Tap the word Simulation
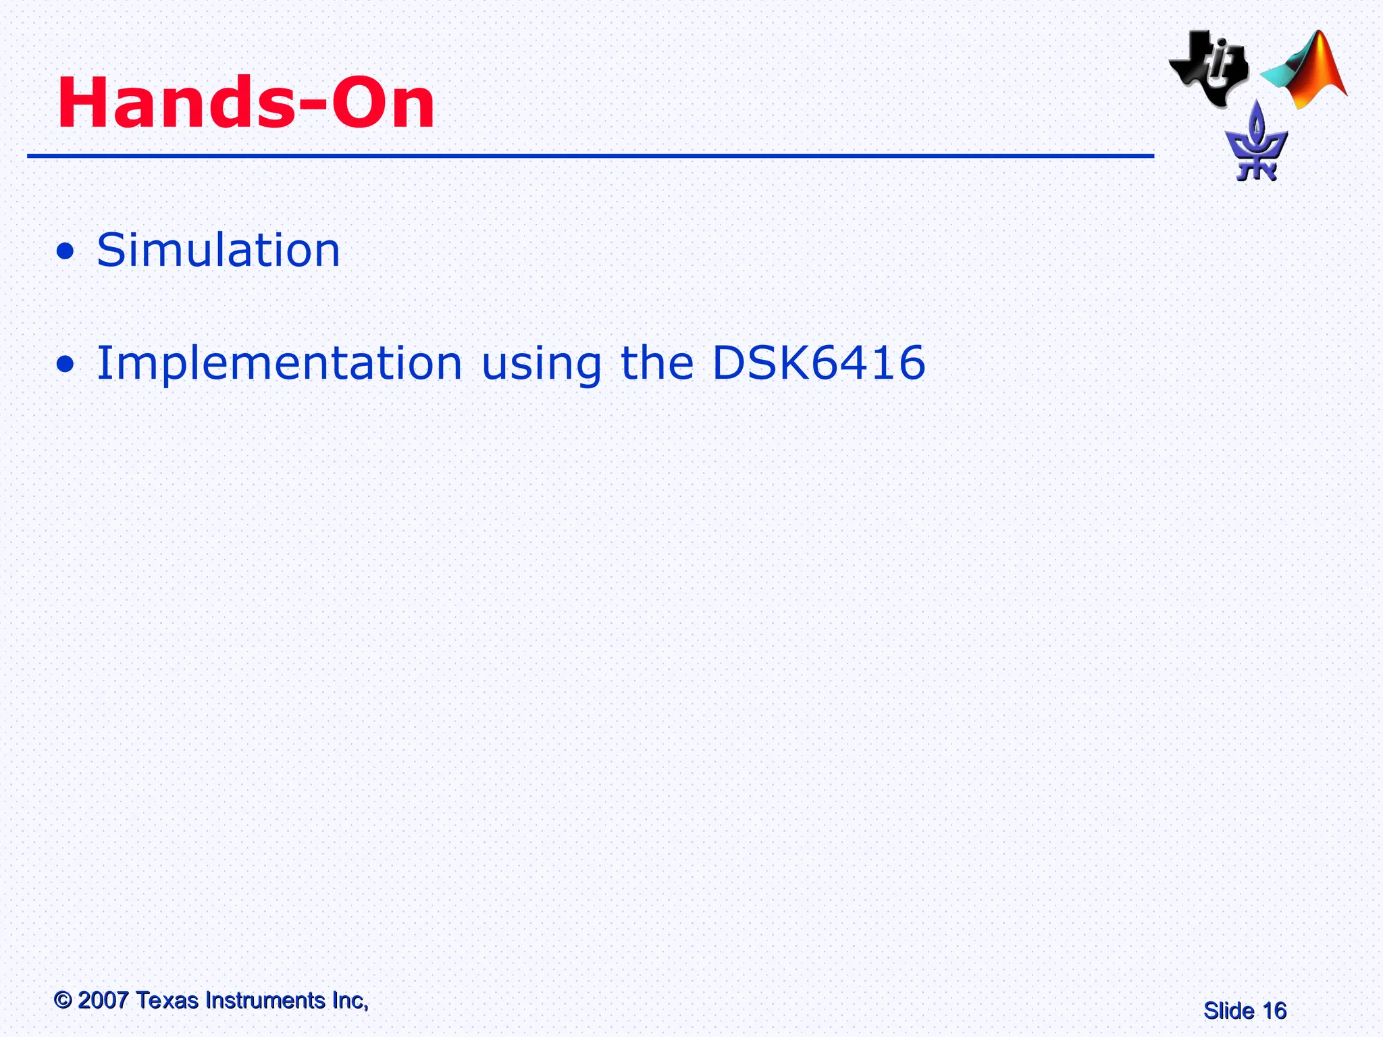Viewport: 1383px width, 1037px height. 218,250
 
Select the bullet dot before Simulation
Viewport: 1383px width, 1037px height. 66,252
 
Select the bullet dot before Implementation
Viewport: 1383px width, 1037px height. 66,365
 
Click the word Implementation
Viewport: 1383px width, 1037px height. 280,363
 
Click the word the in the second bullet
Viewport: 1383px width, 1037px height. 656,363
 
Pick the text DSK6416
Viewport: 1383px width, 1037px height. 818,363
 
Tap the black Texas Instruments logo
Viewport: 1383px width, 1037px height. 1209,68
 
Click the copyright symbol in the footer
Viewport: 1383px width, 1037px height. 63,1001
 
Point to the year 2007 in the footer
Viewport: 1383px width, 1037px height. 103,1001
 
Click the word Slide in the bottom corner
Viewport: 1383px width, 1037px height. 1228,1011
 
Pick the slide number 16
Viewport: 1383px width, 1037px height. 1274,1011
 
